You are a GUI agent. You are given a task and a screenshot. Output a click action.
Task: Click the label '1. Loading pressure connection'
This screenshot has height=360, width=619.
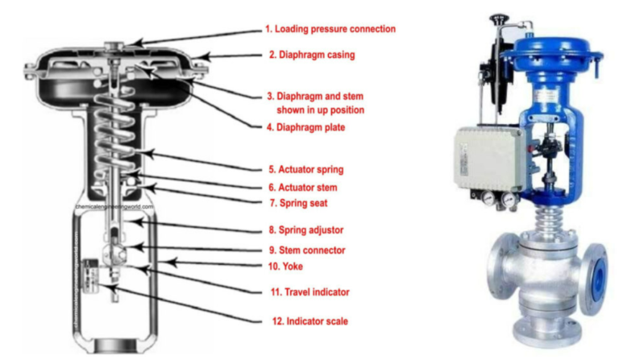point(330,29)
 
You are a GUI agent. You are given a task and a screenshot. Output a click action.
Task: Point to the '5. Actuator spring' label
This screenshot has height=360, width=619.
point(306,170)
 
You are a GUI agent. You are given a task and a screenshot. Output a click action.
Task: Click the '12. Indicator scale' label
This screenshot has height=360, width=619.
point(307,321)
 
